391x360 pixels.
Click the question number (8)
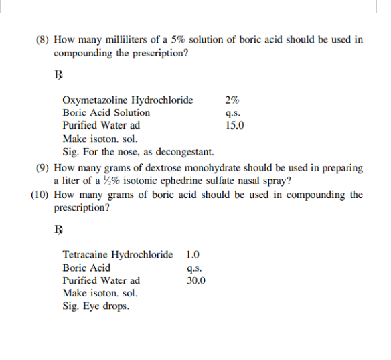(x=43, y=40)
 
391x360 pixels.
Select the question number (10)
(x=40, y=195)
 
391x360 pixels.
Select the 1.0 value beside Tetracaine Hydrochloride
(x=193, y=255)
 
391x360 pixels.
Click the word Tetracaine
(x=85, y=255)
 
